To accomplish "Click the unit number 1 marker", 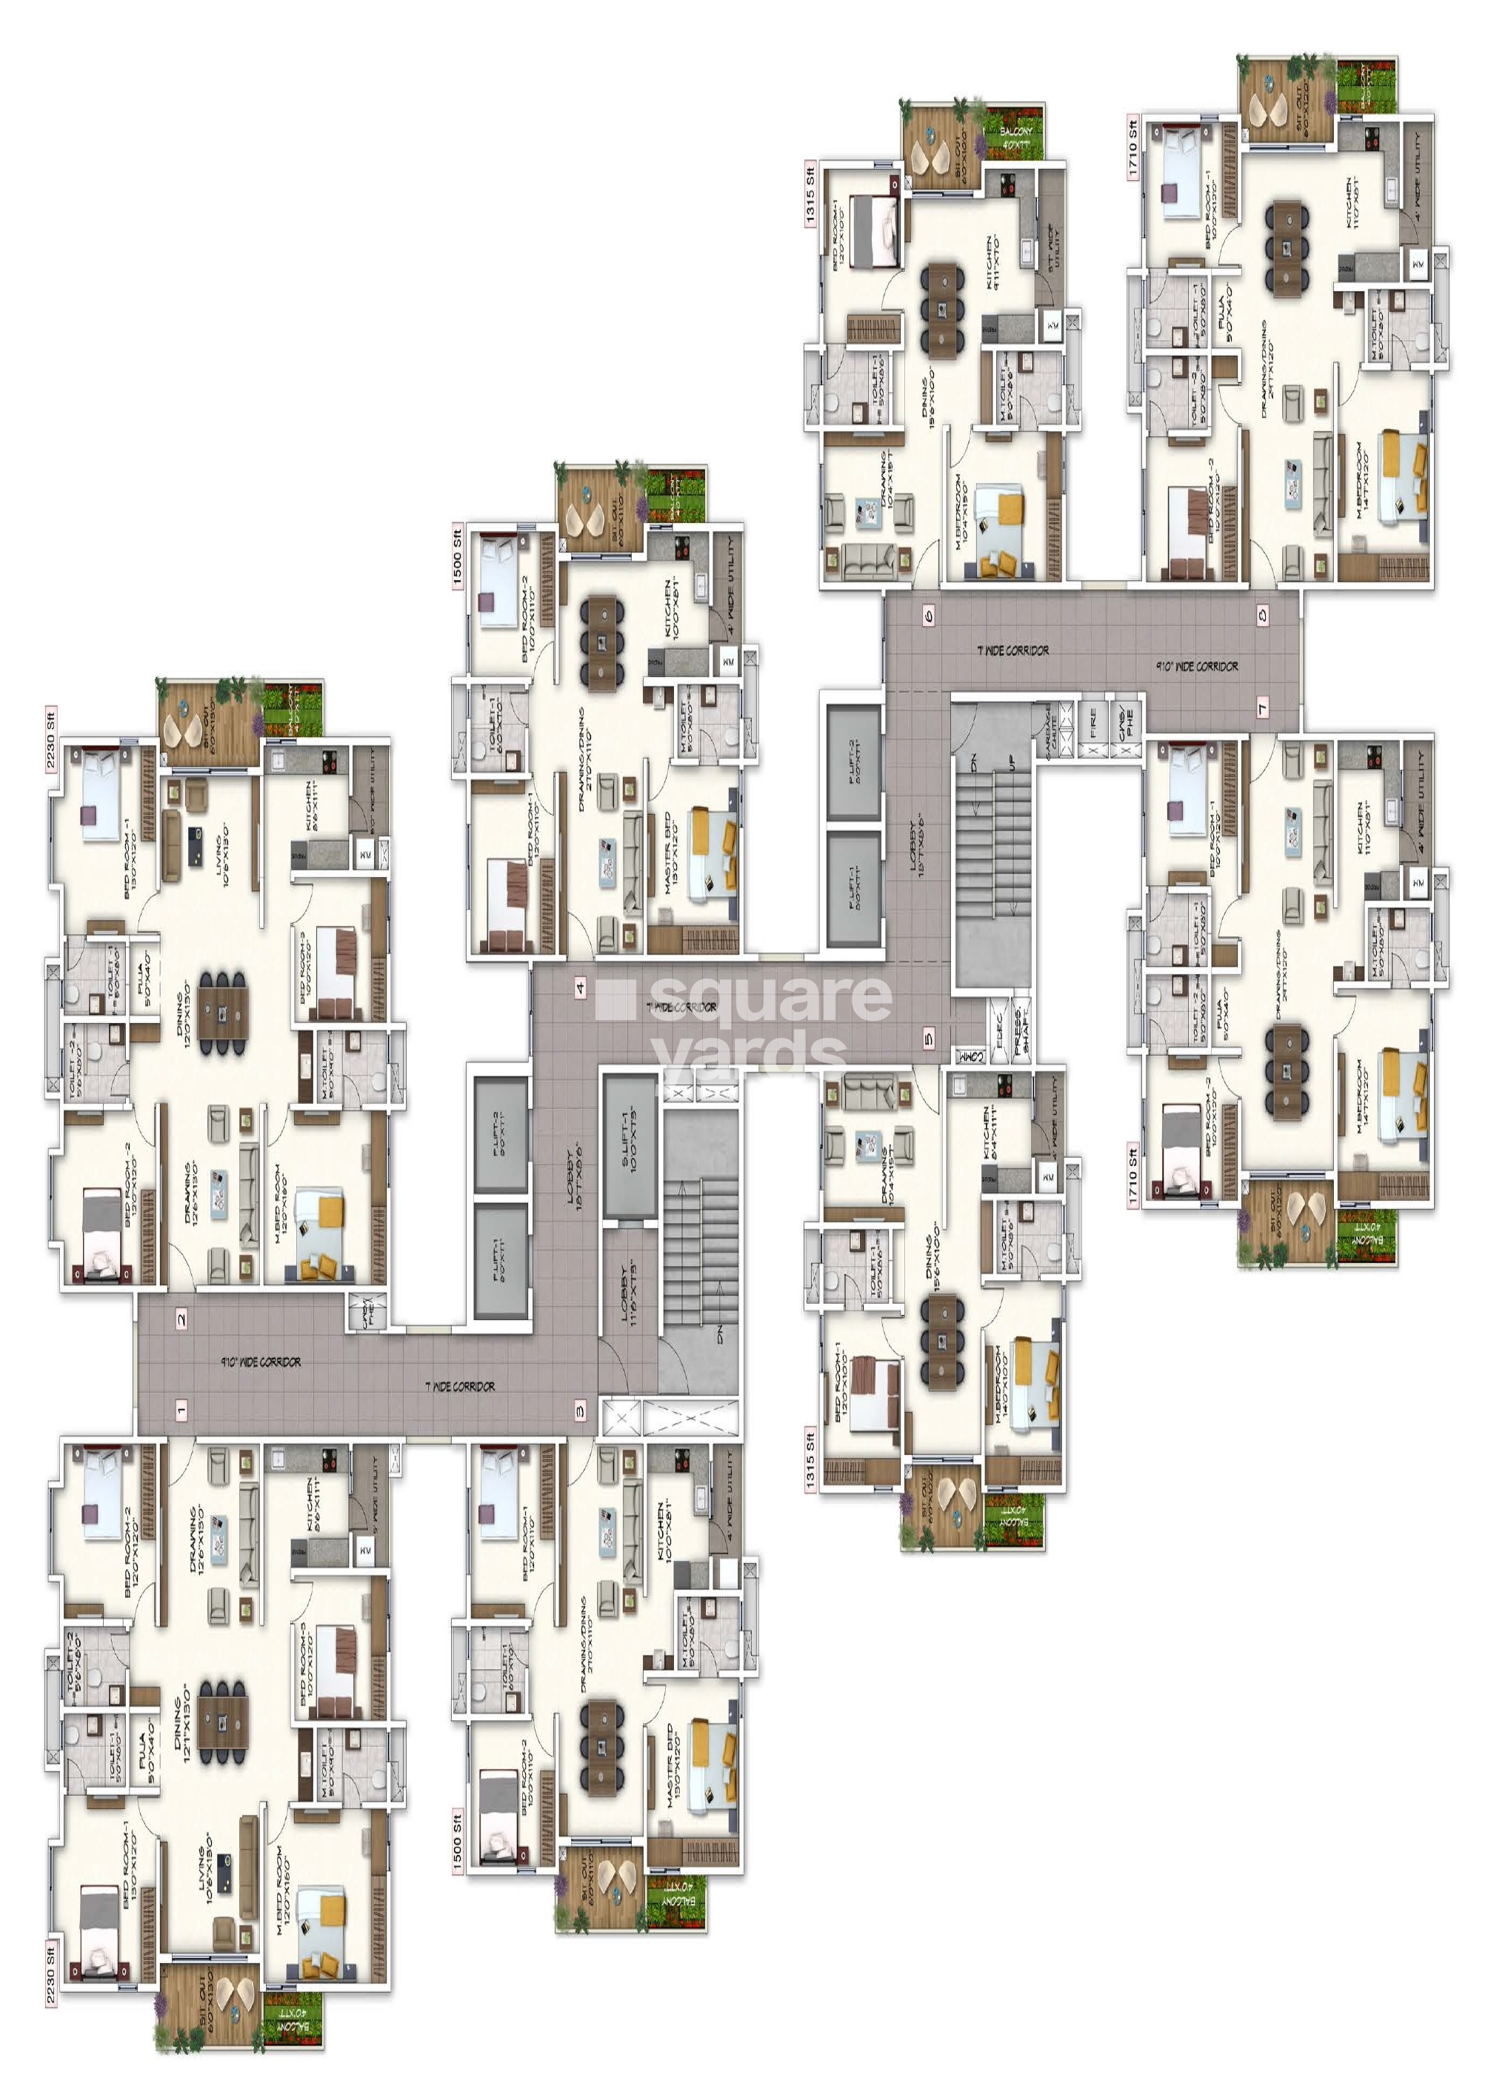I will coord(181,1410).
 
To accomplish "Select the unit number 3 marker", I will coord(580,1410).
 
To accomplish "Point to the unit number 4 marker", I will coord(580,987).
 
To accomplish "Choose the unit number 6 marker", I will coord(930,615).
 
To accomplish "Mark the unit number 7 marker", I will coord(1263,707).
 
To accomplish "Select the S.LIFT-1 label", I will coord(630,1143).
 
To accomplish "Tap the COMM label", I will coord(970,1056).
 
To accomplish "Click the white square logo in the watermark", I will coord(614,1000).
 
